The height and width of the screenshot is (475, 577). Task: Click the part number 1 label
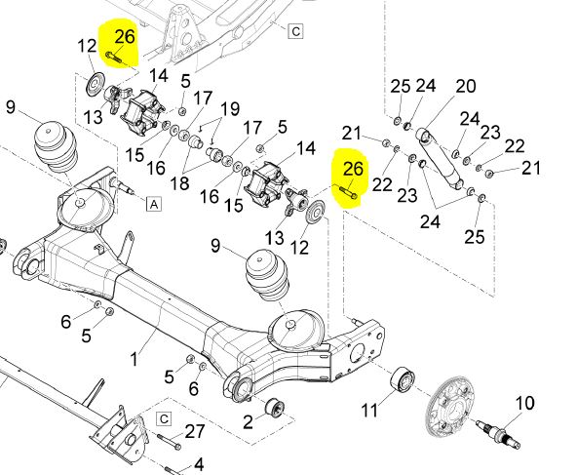[x=135, y=358]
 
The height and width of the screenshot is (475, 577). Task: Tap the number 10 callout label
[x=524, y=404]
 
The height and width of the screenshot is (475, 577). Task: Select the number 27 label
[x=195, y=431]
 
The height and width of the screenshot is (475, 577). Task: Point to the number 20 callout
[x=466, y=86]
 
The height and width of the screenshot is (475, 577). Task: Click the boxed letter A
[x=154, y=204]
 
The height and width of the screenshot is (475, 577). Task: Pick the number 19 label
[x=230, y=108]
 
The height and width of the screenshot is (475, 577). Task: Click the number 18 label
[x=180, y=182]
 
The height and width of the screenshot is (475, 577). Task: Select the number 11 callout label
[x=369, y=410]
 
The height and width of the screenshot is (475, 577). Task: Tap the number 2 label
[x=248, y=421]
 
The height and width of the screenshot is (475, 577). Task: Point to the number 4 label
[x=199, y=464]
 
